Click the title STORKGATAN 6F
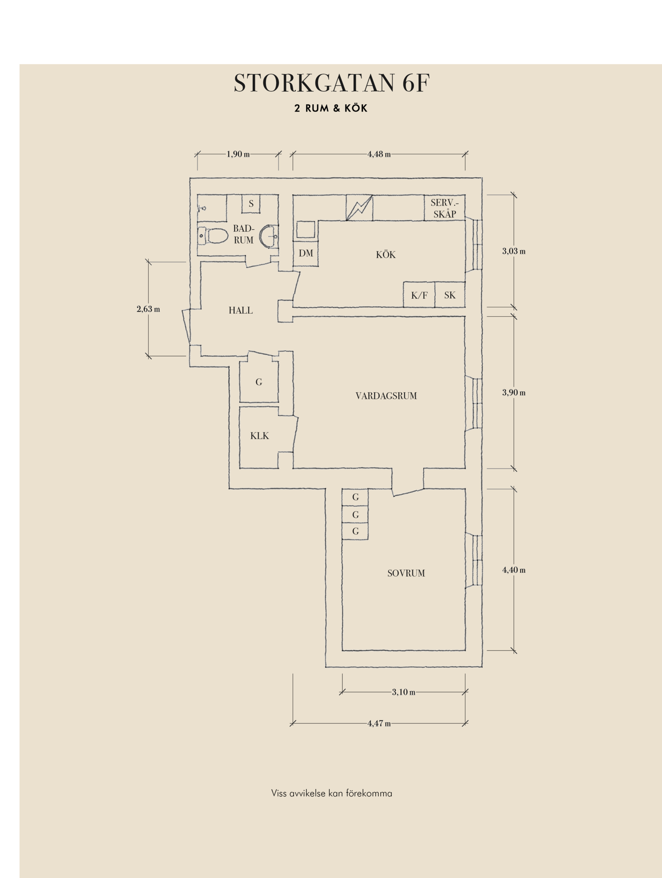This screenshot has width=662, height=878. point(332,83)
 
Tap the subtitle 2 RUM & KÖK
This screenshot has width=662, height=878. point(331,108)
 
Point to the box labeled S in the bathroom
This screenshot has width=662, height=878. point(251,204)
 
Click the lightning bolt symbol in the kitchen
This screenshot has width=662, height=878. point(359,208)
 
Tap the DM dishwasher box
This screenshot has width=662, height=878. point(306,254)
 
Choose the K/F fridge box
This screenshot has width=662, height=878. point(419,295)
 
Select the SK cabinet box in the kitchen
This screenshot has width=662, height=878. point(450,295)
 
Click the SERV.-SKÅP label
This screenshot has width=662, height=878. point(445,208)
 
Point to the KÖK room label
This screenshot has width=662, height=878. point(386,254)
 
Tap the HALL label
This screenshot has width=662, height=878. point(241,310)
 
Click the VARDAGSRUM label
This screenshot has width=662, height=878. point(386,396)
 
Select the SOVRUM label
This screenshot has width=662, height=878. point(406,573)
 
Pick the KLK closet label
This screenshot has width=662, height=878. point(259,436)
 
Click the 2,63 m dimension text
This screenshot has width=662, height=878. point(148,309)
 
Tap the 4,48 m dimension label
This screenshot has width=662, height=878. point(379,154)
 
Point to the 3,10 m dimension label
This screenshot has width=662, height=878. point(404,692)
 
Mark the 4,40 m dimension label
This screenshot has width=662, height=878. point(514,570)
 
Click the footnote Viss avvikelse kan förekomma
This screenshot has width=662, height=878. point(332,793)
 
